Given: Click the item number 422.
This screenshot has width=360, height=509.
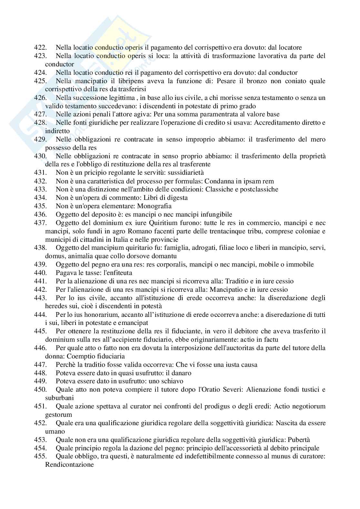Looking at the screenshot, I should point(40,48).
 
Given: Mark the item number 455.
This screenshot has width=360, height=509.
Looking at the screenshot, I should point(40,456).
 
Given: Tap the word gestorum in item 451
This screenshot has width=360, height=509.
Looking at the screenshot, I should point(58,415).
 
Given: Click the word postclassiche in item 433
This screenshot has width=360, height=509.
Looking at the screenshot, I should point(259,189).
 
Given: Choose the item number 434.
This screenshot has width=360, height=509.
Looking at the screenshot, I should point(40,198).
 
